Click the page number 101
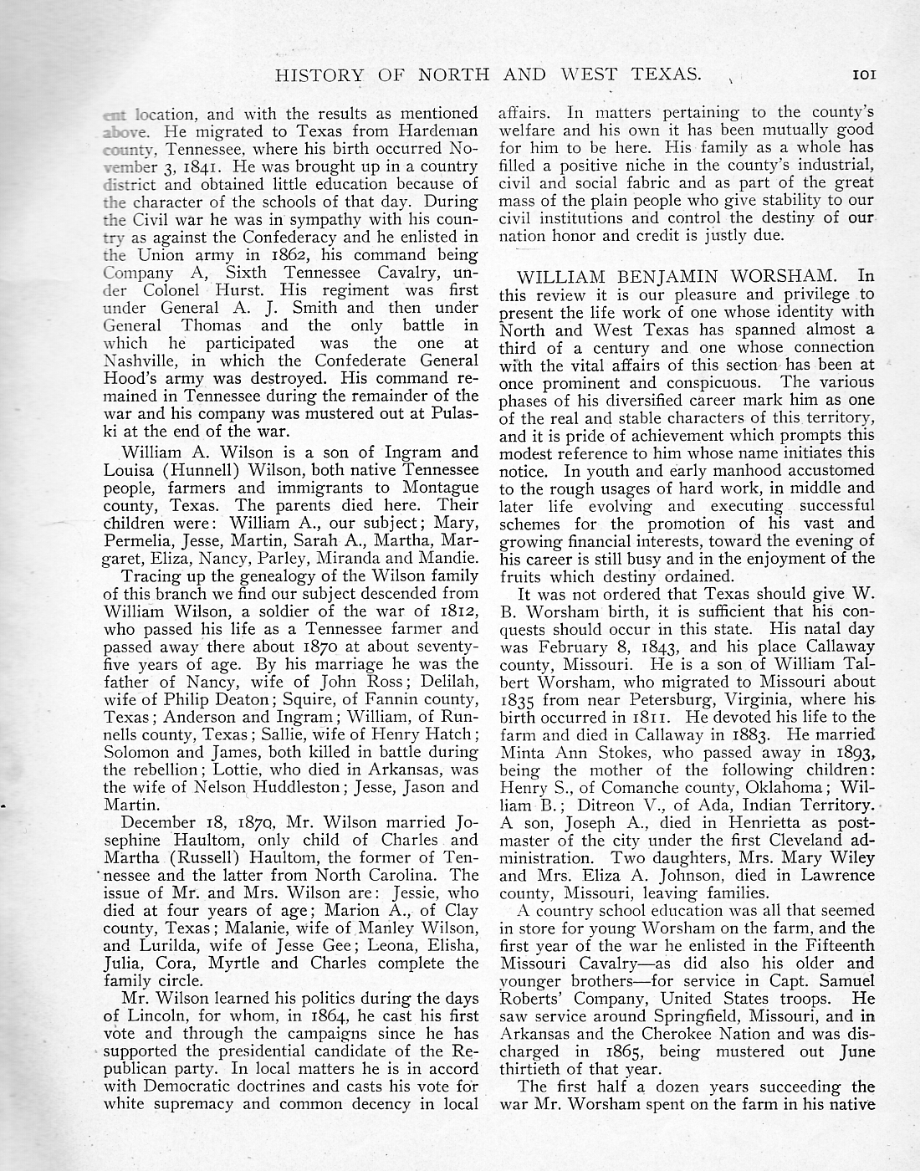[863, 74]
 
